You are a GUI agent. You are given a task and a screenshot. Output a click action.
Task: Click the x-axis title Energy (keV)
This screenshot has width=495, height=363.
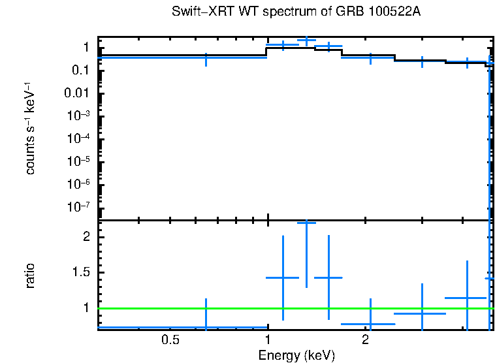coord(296,355)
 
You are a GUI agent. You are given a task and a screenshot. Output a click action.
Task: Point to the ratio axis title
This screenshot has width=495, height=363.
coord(30,276)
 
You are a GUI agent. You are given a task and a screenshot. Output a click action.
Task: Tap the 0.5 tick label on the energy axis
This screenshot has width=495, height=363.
coord(170,340)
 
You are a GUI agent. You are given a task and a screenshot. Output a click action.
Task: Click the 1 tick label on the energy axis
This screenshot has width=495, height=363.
coord(268,340)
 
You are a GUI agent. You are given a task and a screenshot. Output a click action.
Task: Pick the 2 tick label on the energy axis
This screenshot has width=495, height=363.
coord(366,340)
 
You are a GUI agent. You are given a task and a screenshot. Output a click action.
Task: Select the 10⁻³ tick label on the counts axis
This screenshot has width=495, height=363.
coord(80,116)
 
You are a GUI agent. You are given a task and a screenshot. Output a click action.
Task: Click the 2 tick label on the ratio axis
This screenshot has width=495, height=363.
coord(86,238)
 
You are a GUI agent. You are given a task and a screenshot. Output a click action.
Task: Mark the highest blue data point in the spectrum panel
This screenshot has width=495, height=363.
coord(306,40)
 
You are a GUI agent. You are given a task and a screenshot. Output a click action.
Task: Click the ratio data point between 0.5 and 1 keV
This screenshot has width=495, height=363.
coord(206,327)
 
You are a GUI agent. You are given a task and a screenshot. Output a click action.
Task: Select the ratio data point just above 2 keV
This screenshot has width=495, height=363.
coord(370,323)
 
